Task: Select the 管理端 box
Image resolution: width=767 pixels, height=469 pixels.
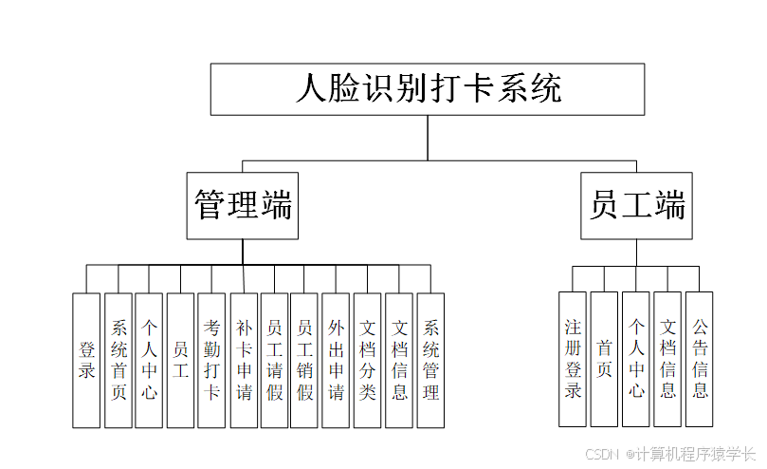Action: pos(242,205)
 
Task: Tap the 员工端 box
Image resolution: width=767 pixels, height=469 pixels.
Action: pos(636,205)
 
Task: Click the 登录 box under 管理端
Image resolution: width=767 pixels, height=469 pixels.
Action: pos(86,360)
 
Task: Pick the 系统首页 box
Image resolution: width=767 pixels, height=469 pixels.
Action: pos(119,360)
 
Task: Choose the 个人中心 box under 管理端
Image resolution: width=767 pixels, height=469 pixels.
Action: pos(149,360)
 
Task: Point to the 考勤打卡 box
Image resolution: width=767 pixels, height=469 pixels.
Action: pos(211,360)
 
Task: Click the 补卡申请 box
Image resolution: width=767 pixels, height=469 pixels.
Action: pos(244,360)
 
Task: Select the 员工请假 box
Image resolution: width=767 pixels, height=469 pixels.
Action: pos(274,360)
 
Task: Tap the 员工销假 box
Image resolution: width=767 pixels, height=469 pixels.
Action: pos(304,360)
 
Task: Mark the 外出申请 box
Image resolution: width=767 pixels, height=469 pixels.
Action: pos(336,360)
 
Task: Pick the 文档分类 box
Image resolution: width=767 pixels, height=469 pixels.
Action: pos(368,360)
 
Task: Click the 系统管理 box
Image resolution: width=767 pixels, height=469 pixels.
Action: pos(430,360)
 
